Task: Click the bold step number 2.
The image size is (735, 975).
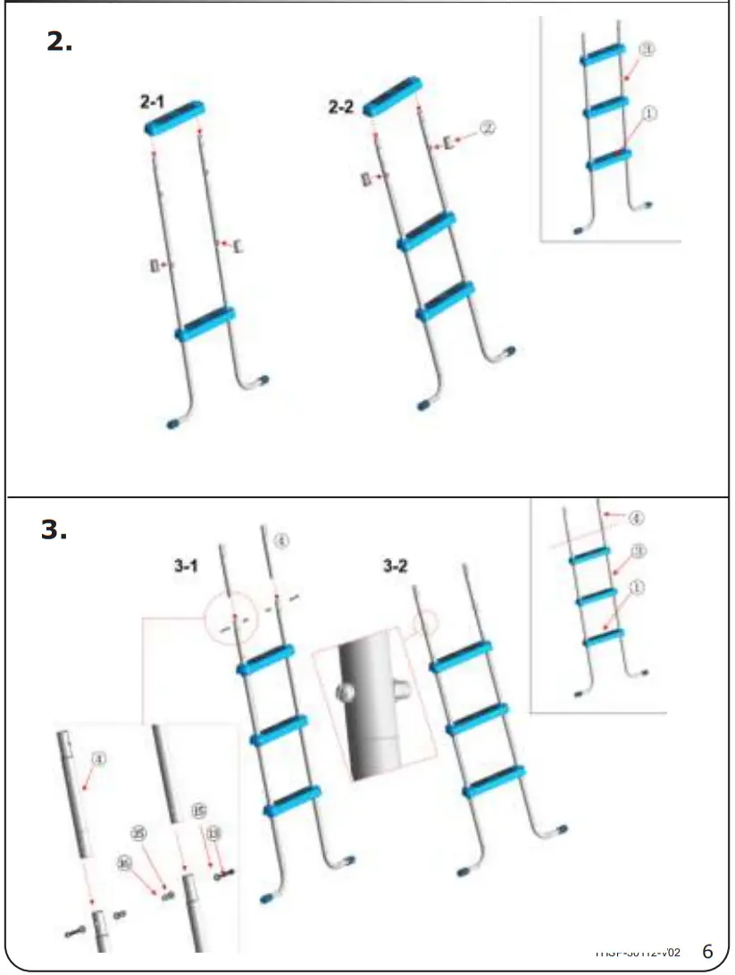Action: (x=59, y=42)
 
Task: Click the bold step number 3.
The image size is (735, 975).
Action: (x=54, y=529)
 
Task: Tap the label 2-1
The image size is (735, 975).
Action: (x=153, y=103)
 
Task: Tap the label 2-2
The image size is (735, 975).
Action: (x=341, y=107)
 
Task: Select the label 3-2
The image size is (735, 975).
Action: (x=396, y=566)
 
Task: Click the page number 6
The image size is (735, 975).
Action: (x=708, y=949)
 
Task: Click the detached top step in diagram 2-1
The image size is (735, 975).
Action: (x=175, y=118)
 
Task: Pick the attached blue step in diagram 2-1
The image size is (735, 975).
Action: (x=205, y=324)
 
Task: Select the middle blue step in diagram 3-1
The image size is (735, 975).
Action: (x=280, y=729)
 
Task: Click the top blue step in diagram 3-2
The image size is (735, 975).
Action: (x=461, y=656)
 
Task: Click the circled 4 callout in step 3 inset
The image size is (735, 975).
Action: (x=636, y=518)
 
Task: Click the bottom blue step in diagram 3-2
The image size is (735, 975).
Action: (x=493, y=779)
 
